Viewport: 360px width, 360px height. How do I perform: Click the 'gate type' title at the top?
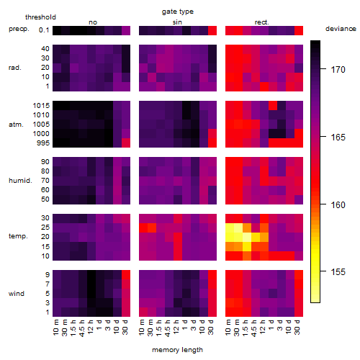click(x=178, y=12)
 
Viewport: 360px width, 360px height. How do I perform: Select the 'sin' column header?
click(x=177, y=22)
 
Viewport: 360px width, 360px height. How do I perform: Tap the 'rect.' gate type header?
click(x=261, y=22)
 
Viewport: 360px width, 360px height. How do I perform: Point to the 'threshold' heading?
click(x=40, y=17)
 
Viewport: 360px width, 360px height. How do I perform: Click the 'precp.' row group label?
click(x=19, y=29)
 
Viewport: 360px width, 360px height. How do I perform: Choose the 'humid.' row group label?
click(x=20, y=180)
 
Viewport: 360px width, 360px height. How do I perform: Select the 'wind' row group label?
click(x=17, y=293)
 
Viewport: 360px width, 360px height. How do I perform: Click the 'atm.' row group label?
click(x=16, y=125)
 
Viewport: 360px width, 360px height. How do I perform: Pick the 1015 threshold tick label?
click(x=41, y=105)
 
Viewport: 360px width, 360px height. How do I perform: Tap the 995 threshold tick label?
click(x=43, y=143)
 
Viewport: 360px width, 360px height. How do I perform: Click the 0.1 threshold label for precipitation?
click(x=44, y=30)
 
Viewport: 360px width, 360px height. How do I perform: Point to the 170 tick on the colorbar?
click(x=338, y=70)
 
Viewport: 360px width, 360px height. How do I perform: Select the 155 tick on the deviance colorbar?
click(x=338, y=272)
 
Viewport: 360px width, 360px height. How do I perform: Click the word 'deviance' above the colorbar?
click(x=341, y=29)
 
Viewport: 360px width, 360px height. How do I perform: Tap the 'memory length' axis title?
click(x=177, y=350)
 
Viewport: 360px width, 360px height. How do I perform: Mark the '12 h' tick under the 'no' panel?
click(x=90, y=327)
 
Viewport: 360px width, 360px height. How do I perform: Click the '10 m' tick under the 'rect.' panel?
click(x=228, y=327)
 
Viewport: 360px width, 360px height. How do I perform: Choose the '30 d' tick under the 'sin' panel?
click(x=211, y=327)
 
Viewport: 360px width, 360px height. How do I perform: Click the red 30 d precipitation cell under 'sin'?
click(x=212, y=30)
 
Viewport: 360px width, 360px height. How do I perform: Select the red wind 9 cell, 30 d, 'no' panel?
click(x=126, y=275)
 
